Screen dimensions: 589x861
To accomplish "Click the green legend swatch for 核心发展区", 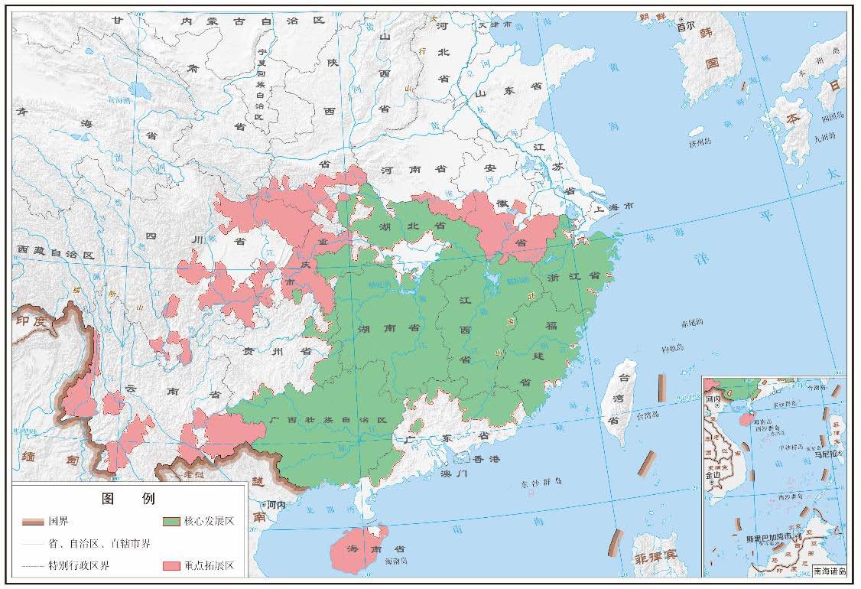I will pos(171,521).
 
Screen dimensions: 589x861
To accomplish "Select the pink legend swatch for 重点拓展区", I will pos(171,567).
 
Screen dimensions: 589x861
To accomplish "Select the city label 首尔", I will pos(686,25).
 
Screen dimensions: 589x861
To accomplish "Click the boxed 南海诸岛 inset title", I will pos(830,571).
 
